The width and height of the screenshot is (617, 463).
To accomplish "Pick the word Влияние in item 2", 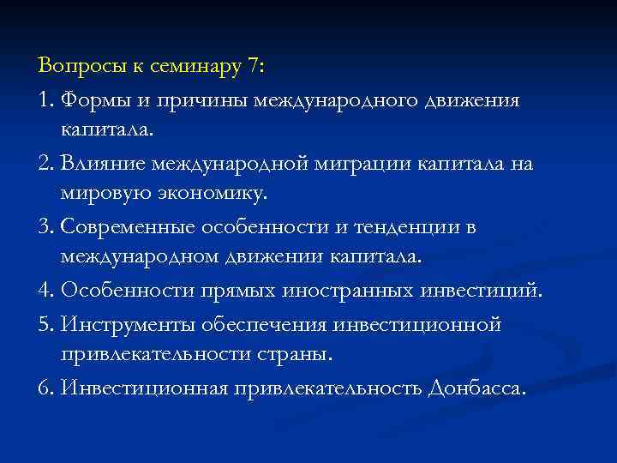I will pos(101,164).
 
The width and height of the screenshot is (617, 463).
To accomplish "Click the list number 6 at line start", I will pos(45,388).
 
